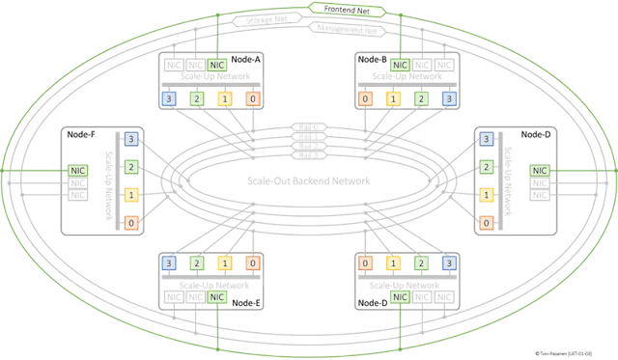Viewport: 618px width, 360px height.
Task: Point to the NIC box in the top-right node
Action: click(398, 65)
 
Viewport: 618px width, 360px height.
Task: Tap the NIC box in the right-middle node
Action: click(539, 170)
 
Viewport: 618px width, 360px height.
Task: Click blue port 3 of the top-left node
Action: click(169, 98)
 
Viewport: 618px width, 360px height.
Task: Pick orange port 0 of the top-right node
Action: click(365, 98)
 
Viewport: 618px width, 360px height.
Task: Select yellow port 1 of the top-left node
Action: click(224, 98)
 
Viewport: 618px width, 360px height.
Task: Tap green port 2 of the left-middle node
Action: click(130, 167)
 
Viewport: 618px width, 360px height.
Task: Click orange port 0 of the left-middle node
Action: click(130, 223)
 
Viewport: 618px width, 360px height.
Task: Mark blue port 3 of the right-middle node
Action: click(487, 139)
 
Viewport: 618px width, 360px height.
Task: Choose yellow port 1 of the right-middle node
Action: click(487, 195)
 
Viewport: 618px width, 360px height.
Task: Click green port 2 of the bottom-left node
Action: click(196, 262)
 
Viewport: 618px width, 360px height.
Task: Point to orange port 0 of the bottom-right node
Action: click(365, 262)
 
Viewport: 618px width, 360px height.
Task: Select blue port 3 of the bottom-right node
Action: click(447, 262)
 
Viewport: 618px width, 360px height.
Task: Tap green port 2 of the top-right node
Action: click(420, 98)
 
